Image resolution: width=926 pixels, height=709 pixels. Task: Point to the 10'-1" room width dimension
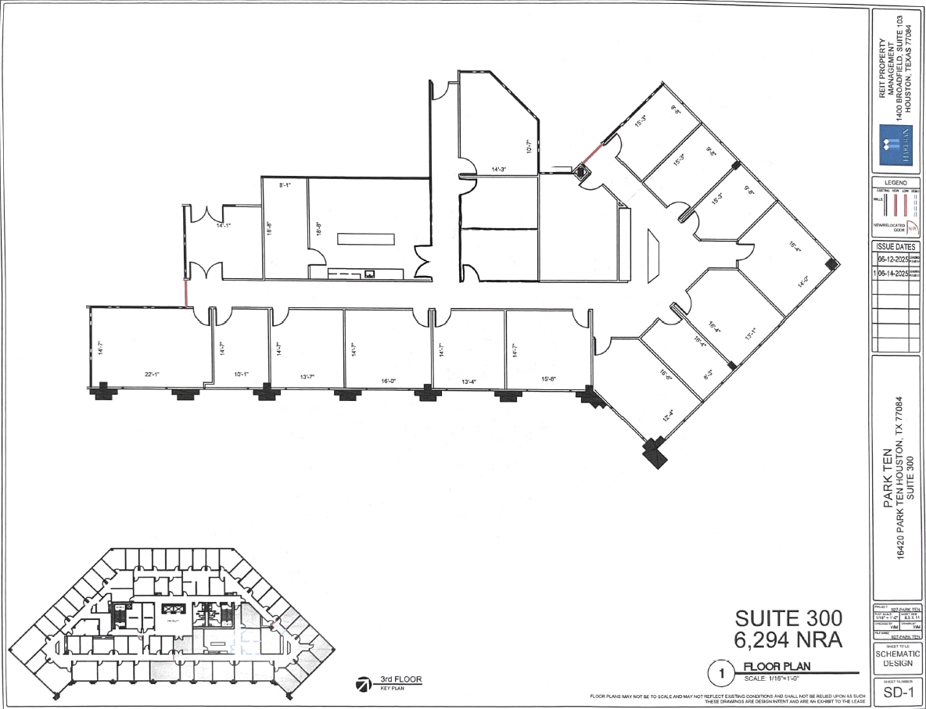(242, 374)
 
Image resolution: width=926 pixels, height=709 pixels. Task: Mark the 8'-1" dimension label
(286, 185)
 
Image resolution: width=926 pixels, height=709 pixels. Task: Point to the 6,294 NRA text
(788, 640)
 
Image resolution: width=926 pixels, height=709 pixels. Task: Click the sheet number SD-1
(898, 693)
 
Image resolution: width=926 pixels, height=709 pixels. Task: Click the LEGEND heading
(897, 183)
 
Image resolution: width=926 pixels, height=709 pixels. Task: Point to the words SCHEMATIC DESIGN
(898, 659)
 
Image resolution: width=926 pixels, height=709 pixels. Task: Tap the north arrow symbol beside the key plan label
(364, 685)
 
